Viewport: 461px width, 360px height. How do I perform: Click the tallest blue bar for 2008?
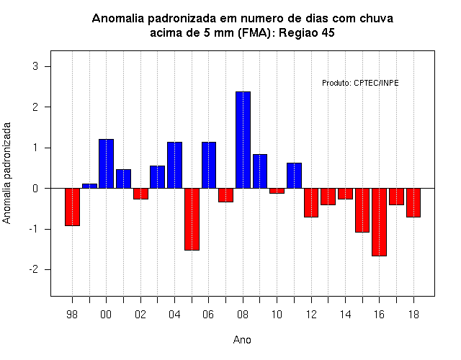[243, 140]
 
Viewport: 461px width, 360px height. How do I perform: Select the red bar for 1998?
[72, 207]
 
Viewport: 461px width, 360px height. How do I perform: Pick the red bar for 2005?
[192, 219]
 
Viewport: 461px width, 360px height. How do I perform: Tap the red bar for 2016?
[380, 222]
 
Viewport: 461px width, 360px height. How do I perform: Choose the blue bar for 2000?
[106, 163]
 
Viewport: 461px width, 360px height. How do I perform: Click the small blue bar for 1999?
[89, 186]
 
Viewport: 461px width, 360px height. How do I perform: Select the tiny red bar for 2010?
[277, 191]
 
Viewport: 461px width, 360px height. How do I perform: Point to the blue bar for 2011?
[295, 176]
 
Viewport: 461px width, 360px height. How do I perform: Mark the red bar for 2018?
[413, 202]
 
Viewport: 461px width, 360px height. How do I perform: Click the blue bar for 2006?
[209, 165]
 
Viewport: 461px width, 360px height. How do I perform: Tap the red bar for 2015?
[362, 210]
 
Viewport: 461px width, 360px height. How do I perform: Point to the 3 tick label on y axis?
[35, 66]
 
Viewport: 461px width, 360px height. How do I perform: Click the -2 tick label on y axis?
[34, 269]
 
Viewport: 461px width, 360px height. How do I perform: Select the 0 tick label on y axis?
[35, 189]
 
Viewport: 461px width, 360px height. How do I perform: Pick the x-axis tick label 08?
[243, 315]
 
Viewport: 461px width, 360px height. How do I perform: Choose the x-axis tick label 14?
[346, 315]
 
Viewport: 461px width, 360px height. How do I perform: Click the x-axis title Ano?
[242, 340]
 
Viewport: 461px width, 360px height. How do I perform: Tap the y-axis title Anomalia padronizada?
[6, 173]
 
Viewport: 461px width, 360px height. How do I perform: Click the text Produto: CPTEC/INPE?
[360, 83]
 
